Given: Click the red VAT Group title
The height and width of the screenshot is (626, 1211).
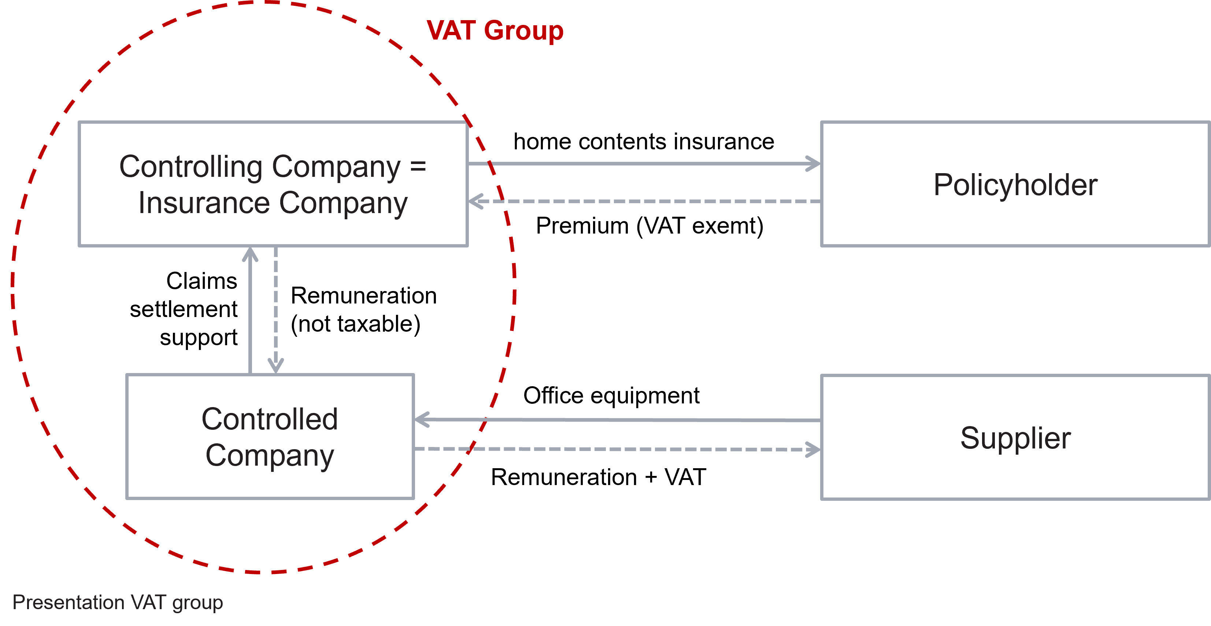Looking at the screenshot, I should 495,31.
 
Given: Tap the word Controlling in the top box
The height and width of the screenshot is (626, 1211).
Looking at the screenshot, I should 190,167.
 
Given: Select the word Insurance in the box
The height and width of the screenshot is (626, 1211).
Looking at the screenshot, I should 204,203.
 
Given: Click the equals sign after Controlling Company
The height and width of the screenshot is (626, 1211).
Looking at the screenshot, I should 418,166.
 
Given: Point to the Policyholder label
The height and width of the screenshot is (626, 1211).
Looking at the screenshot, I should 1015,185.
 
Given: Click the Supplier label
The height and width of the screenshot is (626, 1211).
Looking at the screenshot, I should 1015,438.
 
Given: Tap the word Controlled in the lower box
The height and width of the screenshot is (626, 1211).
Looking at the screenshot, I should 269,419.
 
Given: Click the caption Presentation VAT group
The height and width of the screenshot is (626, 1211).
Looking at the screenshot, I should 118,603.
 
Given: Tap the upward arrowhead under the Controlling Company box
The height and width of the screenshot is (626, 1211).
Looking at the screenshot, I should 250,255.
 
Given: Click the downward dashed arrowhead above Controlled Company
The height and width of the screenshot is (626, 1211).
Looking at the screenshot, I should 275,366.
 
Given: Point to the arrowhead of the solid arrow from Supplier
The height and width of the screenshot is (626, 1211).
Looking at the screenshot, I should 422,419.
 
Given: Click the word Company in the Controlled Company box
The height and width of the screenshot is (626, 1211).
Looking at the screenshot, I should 269,455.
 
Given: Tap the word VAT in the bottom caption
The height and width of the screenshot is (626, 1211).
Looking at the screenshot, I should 149,603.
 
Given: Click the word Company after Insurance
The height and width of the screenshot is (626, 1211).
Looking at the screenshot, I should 343,203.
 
